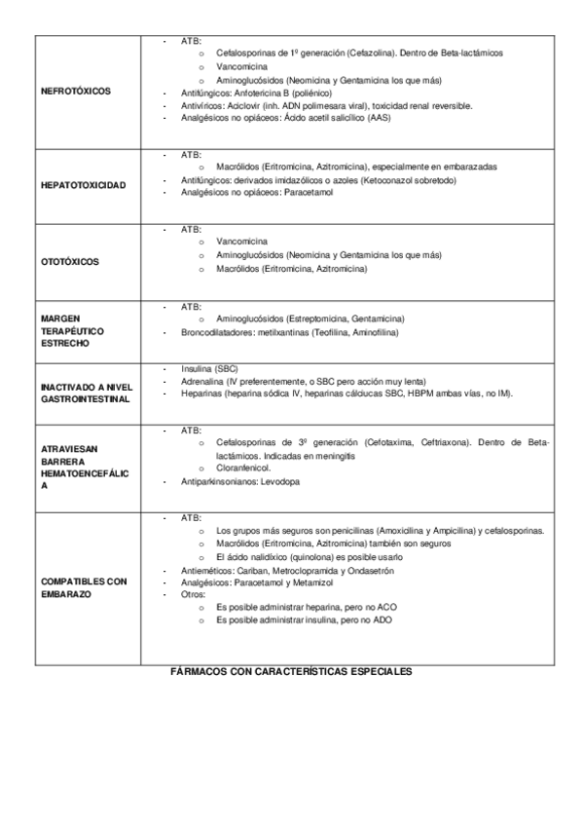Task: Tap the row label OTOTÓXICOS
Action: (x=71, y=261)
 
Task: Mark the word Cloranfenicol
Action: (x=244, y=469)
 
